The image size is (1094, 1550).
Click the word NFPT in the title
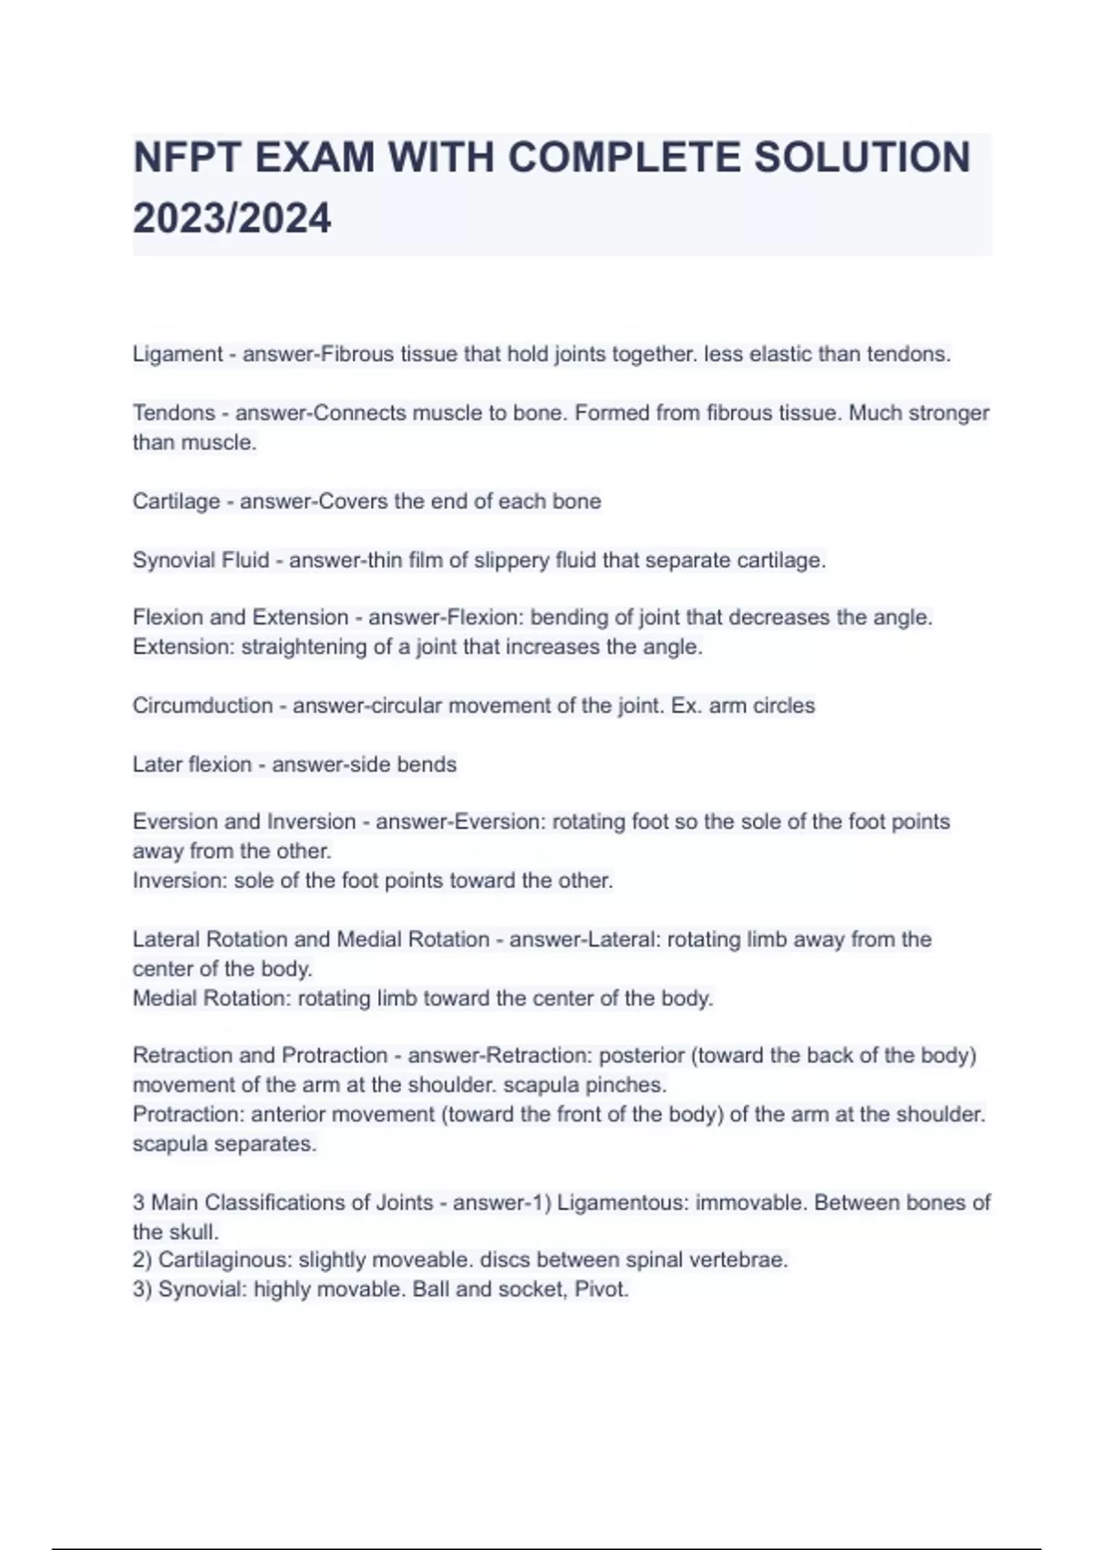click(186, 158)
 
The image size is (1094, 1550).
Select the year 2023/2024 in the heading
click(232, 219)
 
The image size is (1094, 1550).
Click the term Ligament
click(178, 355)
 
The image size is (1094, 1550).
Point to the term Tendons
click(174, 413)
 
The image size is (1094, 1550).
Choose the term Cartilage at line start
click(176, 501)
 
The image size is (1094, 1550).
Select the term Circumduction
click(202, 706)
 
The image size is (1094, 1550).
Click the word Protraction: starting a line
click(188, 1114)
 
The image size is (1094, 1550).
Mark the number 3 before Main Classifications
click(139, 1203)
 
